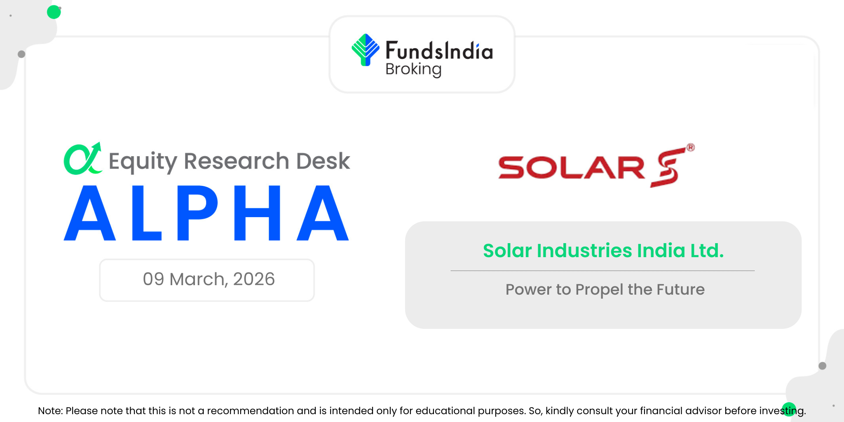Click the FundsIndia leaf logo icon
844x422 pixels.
point(365,50)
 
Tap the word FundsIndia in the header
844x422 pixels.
point(439,51)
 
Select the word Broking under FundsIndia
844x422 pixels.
point(413,70)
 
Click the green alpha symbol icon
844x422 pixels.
point(83,159)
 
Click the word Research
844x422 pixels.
point(237,161)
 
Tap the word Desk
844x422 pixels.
point(323,161)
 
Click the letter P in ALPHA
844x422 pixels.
point(197,213)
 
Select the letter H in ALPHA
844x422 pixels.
point(257,213)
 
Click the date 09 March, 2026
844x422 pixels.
point(209,279)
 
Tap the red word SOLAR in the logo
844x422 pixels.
point(572,167)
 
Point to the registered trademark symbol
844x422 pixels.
point(690,148)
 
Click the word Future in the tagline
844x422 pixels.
point(680,289)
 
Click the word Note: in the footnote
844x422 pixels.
point(50,411)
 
